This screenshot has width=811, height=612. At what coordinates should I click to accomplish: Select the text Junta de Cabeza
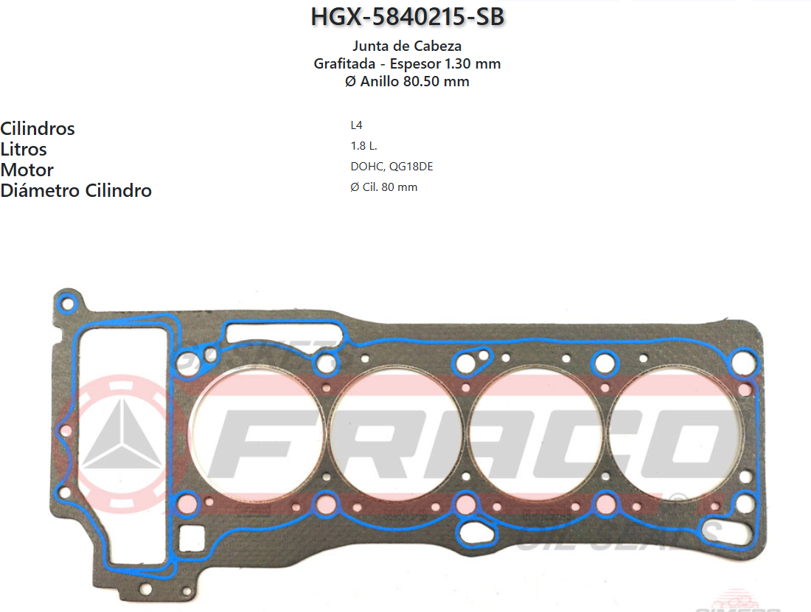(x=407, y=46)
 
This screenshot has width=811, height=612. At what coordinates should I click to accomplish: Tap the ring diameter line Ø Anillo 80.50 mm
(x=407, y=81)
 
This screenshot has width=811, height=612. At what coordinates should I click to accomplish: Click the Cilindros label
(x=38, y=128)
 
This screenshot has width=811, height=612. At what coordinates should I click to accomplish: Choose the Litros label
(x=24, y=149)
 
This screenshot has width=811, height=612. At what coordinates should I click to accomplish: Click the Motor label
(x=27, y=170)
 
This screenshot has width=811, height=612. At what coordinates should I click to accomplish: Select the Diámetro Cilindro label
(x=76, y=190)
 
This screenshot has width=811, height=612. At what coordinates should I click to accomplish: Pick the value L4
(x=357, y=125)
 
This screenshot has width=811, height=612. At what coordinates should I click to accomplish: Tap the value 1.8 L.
(x=364, y=146)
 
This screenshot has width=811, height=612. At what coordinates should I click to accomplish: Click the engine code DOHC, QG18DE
(x=392, y=167)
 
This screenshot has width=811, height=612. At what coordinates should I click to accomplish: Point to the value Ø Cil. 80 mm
(x=384, y=187)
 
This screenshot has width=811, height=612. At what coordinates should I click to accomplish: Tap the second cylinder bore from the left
(x=396, y=432)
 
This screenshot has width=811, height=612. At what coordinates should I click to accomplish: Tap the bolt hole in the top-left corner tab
(x=68, y=302)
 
